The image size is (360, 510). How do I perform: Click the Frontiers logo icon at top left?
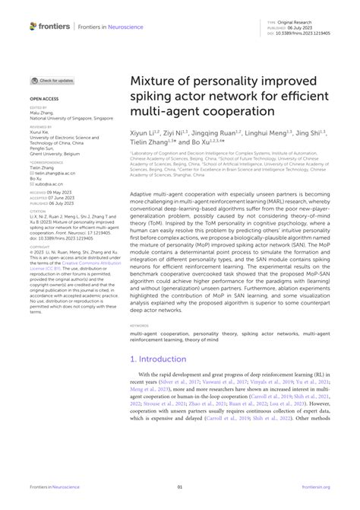point(33,26)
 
